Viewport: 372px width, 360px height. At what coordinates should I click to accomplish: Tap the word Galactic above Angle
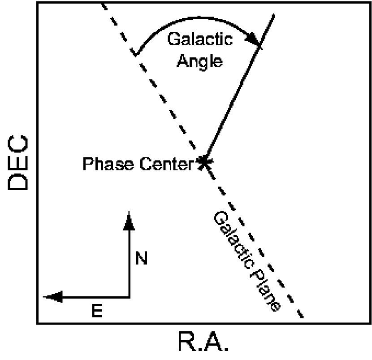pyautogui.click(x=200, y=40)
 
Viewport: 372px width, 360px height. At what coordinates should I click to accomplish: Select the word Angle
pyautogui.click(x=199, y=60)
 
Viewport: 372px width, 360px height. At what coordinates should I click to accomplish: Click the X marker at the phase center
pyautogui.click(x=204, y=162)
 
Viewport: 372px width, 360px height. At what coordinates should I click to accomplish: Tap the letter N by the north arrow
pyautogui.click(x=141, y=259)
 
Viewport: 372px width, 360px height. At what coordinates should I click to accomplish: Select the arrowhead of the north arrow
pyautogui.click(x=129, y=219)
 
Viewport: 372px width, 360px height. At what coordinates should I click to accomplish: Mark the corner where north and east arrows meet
pyautogui.click(x=129, y=296)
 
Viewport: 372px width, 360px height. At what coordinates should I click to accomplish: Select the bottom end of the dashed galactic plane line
pyautogui.click(x=302, y=317)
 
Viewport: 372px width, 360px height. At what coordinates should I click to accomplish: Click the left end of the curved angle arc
pyautogui.click(x=134, y=54)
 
